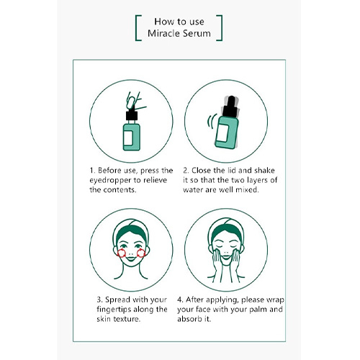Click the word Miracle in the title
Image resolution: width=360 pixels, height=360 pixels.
pos(162,33)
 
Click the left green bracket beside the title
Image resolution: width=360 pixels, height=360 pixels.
pos(137,28)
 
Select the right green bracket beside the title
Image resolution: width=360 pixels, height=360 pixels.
pos(220,28)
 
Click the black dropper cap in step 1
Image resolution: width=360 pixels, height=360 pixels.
pos(132,115)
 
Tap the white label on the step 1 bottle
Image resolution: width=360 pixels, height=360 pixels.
pos(128,138)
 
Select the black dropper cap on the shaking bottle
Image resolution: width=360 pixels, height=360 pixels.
pos(230,107)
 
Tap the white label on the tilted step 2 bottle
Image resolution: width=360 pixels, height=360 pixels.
pos(222,132)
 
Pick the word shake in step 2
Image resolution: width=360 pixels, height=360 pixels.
pos(264,171)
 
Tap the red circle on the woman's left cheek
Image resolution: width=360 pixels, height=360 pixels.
pos(141,253)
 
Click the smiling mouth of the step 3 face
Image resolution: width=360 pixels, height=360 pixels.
pos(131,259)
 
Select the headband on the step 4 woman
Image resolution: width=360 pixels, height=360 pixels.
pos(226,229)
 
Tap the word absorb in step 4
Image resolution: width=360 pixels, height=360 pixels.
pos(189,319)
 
